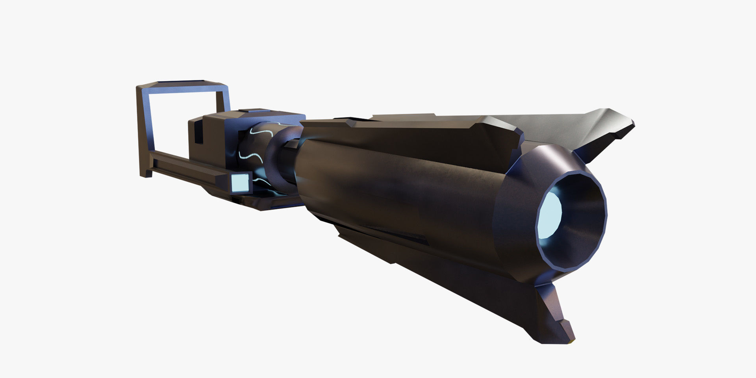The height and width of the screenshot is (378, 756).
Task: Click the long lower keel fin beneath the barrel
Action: pos(453,276)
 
